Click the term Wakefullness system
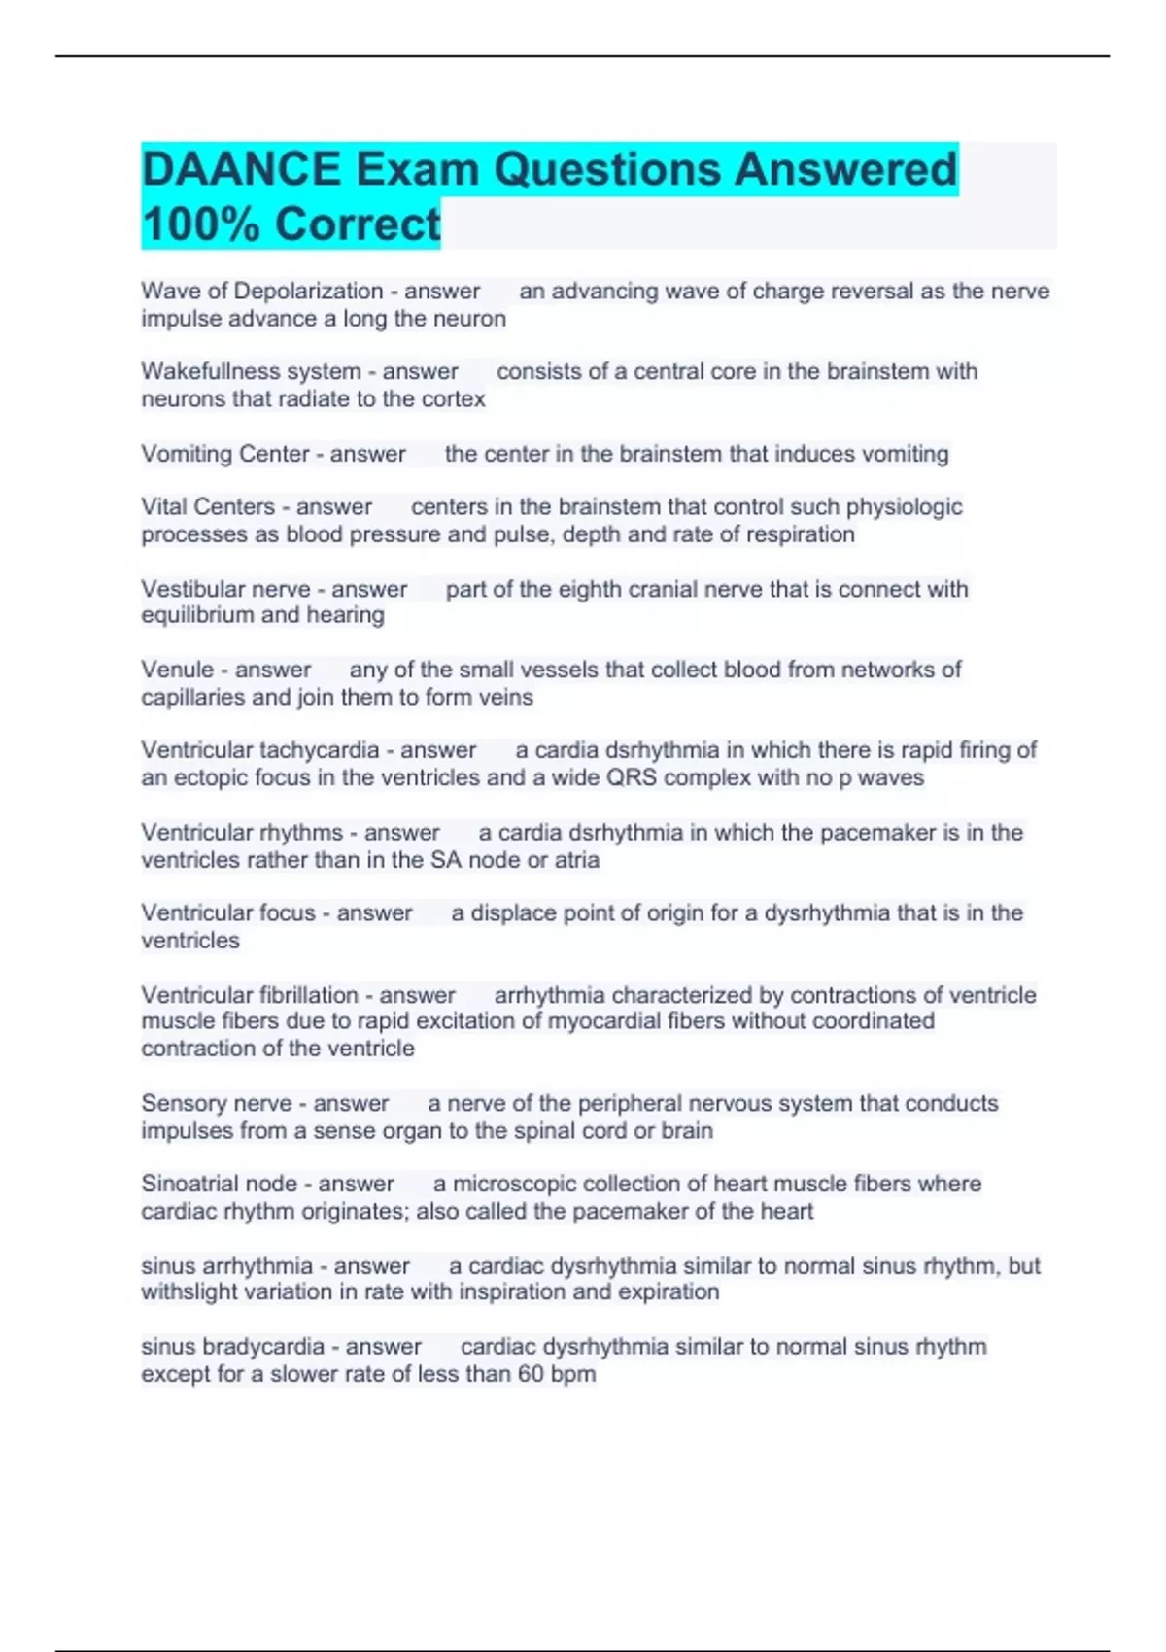pos(251,371)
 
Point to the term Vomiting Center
pos(224,454)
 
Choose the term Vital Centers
pos(208,506)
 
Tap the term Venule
pos(177,670)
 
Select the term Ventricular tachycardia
pos(259,750)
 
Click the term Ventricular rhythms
pos(242,833)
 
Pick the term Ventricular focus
pos(228,912)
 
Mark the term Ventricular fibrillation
pos(250,995)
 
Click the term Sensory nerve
pos(216,1103)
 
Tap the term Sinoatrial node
pos(219,1184)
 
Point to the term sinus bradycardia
pos(232,1347)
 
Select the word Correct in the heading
pos(358,224)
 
